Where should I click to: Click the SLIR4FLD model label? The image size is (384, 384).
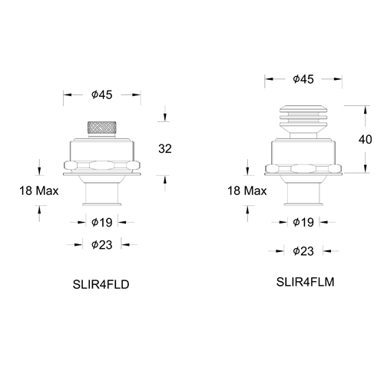click(x=100, y=283)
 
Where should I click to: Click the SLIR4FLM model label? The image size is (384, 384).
click(x=306, y=282)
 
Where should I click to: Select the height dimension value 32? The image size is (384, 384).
click(x=164, y=148)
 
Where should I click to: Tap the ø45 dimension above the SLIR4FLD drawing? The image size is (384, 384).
click(x=101, y=95)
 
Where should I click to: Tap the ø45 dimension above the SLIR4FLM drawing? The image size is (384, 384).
click(x=305, y=79)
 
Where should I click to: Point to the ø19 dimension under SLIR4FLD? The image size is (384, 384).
click(x=101, y=223)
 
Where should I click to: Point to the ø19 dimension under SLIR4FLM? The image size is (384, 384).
click(x=305, y=223)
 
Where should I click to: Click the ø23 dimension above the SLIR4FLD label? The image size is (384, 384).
click(x=101, y=245)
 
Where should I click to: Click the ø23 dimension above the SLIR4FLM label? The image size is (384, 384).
click(x=305, y=250)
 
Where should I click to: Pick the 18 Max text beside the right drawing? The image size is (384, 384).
click(x=247, y=190)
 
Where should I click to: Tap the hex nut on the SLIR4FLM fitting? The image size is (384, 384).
click(x=305, y=167)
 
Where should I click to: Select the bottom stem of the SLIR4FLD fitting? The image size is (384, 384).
click(x=101, y=195)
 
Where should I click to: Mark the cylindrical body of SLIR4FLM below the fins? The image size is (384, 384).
click(x=305, y=149)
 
